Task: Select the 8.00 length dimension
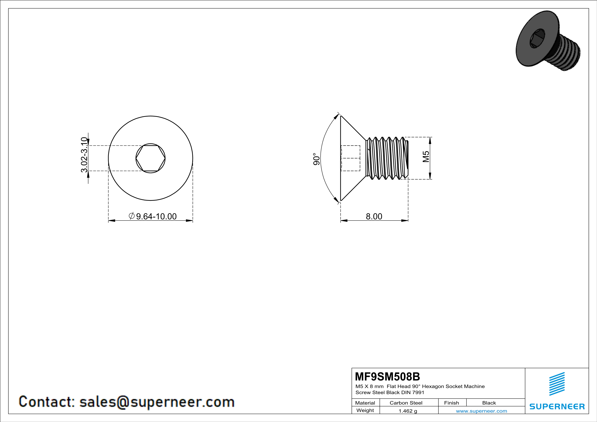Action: [374, 216]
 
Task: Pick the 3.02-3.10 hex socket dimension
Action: [84, 155]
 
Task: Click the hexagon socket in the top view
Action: [150, 158]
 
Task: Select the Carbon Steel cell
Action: [406, 403]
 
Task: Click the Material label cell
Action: [365, 403]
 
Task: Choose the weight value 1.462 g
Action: [408, 411]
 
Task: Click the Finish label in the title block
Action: [451, 403]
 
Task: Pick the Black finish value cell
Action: [489, 403]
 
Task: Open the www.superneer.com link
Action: [481, 411]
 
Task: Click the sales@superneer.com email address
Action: [157, 402]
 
